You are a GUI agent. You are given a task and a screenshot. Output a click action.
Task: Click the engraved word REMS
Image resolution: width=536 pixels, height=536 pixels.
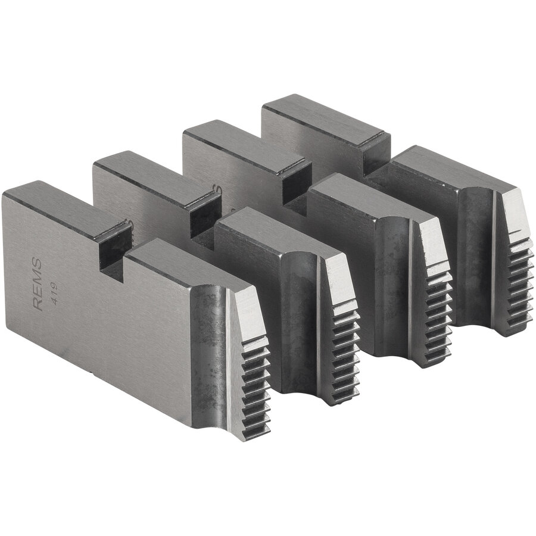[x=37, y=284]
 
